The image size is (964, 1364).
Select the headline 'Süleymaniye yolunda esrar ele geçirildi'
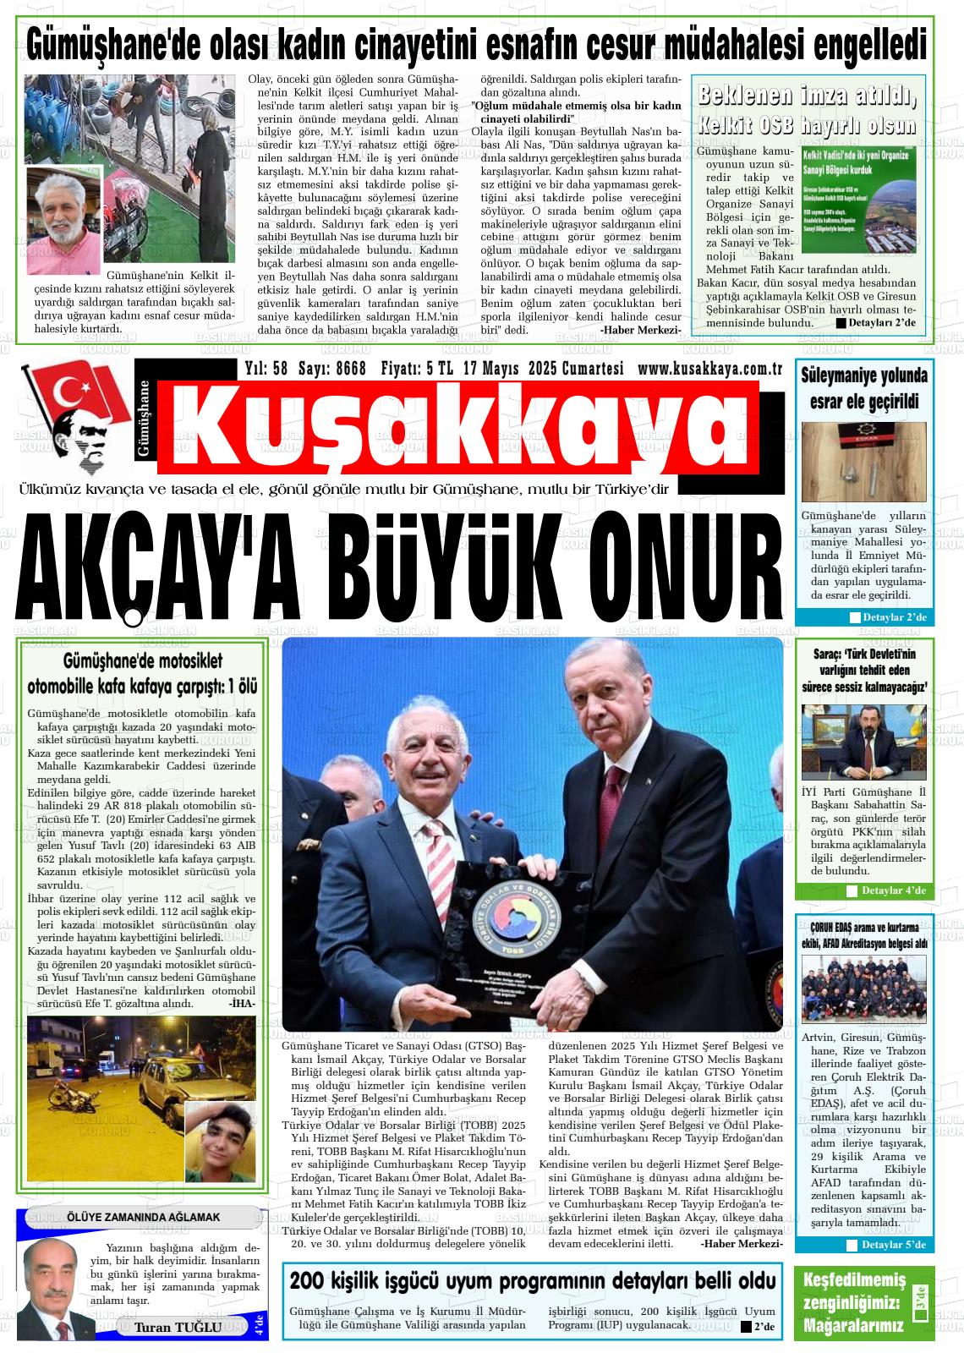[863, 388]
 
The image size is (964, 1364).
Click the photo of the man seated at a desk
[863, 742]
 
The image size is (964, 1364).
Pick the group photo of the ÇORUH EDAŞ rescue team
[863, 989]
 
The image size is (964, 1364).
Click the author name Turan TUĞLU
[178, 1327]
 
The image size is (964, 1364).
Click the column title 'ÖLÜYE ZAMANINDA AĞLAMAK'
[143, 1217]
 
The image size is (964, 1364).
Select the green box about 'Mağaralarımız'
[864, 1302]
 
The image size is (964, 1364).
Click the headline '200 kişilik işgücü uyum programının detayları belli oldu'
[533, 1279]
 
